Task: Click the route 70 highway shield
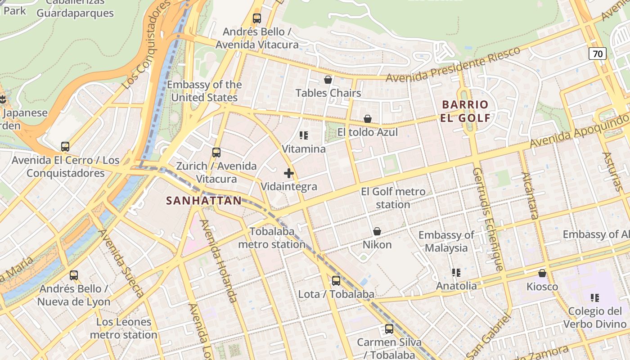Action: tap(598, 54)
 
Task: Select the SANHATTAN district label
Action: tap(204, 201)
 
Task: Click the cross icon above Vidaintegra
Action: tap(289, 173)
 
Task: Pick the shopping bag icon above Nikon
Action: tap(377, 231)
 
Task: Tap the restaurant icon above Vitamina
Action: tap(304, 135)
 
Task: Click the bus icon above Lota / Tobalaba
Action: tap(336, 281)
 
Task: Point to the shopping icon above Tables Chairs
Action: tap(328, 80)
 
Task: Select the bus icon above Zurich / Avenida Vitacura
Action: tap(216, 153)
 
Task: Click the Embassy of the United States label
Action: tap(204, 91)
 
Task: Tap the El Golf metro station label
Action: tap(393, 198)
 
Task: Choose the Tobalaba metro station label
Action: tap(272, 238)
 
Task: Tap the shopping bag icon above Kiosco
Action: tap(542, 273)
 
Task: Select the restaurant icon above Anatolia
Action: tap(456, 273)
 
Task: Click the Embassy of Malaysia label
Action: tap(446, 241)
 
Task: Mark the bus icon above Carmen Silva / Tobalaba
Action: tap(389, 329)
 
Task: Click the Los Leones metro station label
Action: tap(124, 328)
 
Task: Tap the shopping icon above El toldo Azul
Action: tap(368, 119)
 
